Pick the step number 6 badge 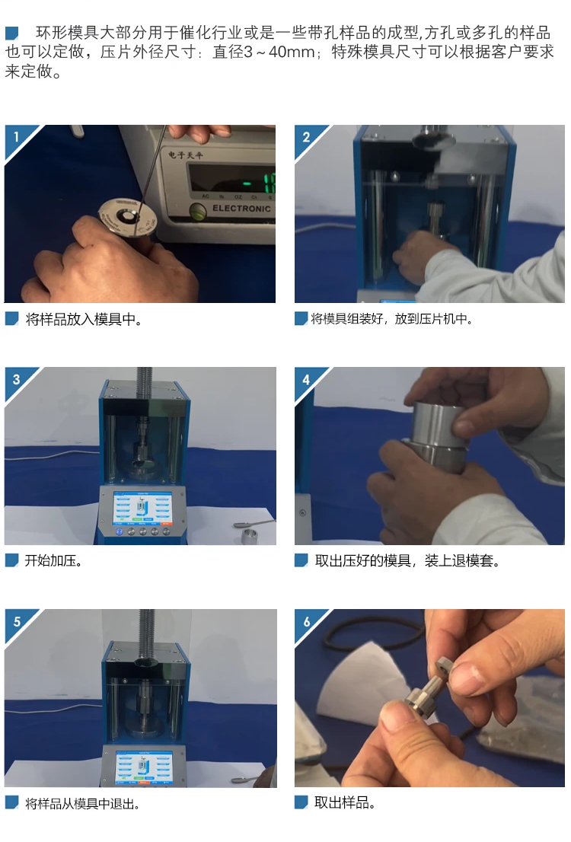306,621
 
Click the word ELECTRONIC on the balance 241,209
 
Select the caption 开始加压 53,561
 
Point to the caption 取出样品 344,803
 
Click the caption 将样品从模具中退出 82,804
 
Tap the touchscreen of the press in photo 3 142,508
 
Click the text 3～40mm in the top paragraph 279,52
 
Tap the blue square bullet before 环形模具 12,33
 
